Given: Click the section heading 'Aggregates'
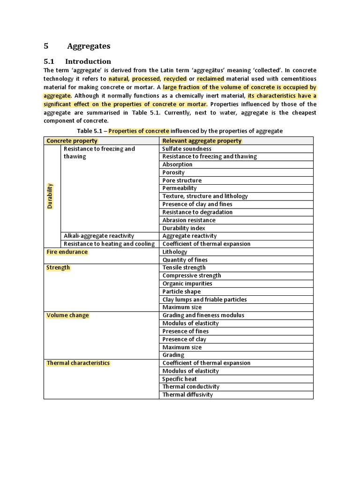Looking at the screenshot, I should (89, 46).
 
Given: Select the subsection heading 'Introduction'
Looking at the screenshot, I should (88, 61).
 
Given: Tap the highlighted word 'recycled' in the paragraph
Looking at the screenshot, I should (175, 79).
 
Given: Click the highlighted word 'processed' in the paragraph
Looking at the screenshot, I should (146, 79).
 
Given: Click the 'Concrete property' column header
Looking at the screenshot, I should (72, 141).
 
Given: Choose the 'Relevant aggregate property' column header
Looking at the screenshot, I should (202, 141).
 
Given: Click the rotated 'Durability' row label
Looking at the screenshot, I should (50, 196).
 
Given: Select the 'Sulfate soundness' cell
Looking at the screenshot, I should (187, 149).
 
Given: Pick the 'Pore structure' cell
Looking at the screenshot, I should (182, 180).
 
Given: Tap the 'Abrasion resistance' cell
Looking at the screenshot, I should (189, 220).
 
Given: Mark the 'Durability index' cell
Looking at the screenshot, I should (184, 228).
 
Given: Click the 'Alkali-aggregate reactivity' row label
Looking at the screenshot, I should (99, 236).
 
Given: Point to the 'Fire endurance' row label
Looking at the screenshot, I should (67, 252).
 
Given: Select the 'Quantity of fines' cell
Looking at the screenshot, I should (185, 260).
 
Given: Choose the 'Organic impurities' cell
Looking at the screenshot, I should (187, 284).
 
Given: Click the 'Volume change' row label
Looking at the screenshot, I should (67, 315).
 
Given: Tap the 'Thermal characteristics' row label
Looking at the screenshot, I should (78, 363).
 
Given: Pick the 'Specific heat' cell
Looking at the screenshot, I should (180, 379).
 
